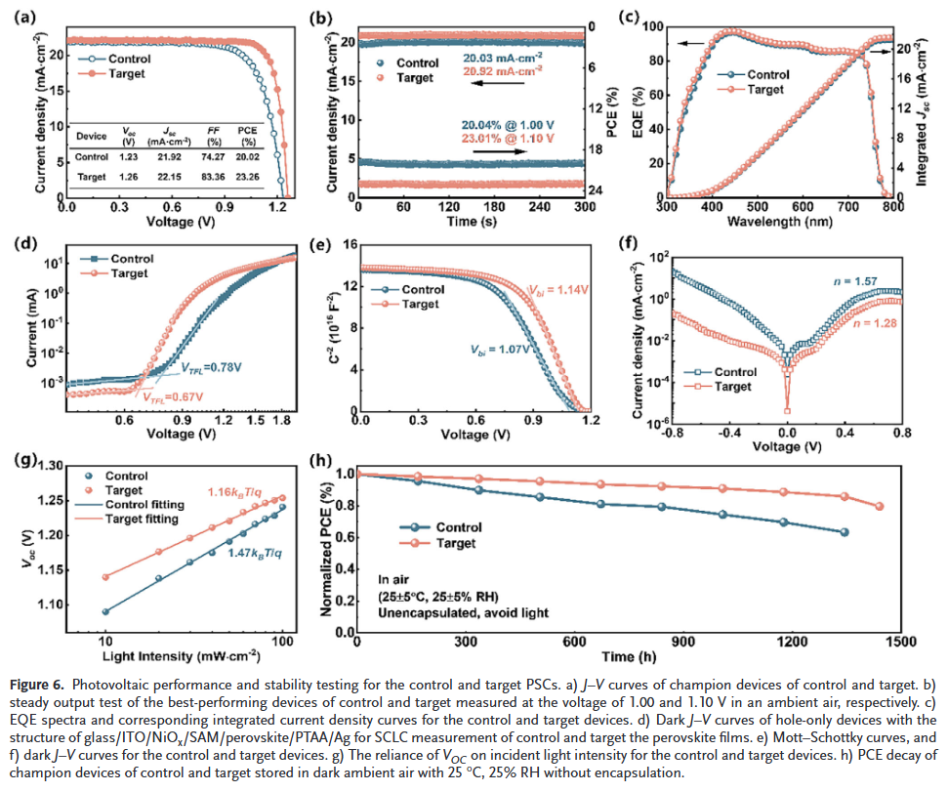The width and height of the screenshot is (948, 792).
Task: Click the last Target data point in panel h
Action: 880,506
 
